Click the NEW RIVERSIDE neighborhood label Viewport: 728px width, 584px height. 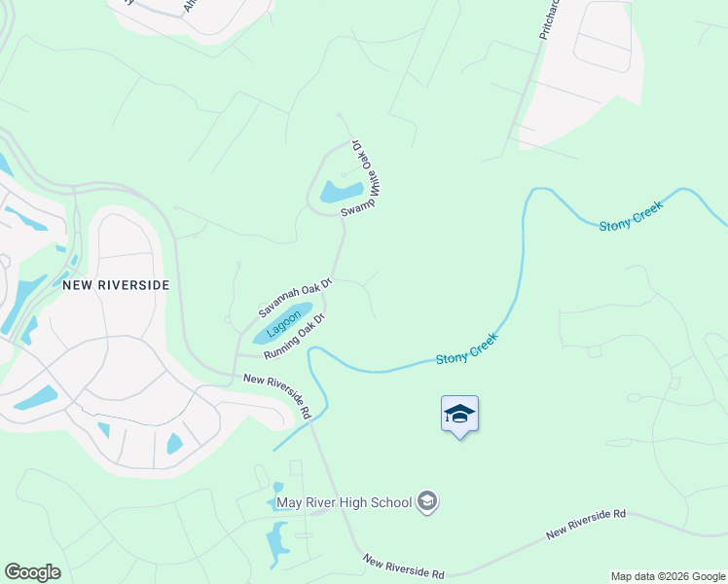(x=116, y=285)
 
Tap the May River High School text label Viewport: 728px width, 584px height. (x=344, y=502)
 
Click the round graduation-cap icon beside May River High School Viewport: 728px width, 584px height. (x=426, y=502)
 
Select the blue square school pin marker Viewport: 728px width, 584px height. (x=459, y=415)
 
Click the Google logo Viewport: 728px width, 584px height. (x=32, y=572)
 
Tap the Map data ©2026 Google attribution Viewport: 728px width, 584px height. (x=668, y=576)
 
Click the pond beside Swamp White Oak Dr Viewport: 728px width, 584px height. (x=342, y=191)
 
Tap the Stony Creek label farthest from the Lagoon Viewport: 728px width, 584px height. (x=631, y=214)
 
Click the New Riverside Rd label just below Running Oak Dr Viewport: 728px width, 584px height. (x=277, y=396)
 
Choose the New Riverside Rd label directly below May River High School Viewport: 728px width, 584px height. (x=403, y=566)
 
